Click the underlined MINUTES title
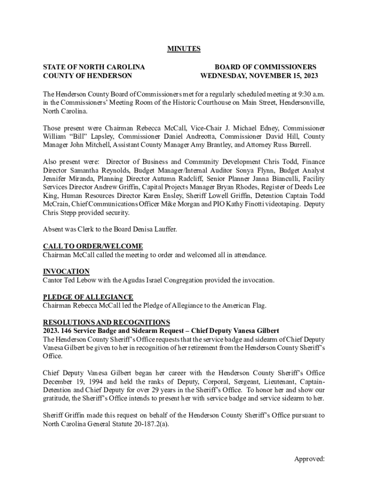[183, 49]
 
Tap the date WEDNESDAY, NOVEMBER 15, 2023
[259, 76]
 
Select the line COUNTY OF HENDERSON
[87, 76]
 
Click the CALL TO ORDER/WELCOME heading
[93, 246]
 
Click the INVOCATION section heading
[66, 271]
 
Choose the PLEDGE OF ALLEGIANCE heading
[88, 297]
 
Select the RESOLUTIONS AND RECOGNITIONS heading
[106, 322]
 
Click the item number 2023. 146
[58, 331]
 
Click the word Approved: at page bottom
[309, 458]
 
